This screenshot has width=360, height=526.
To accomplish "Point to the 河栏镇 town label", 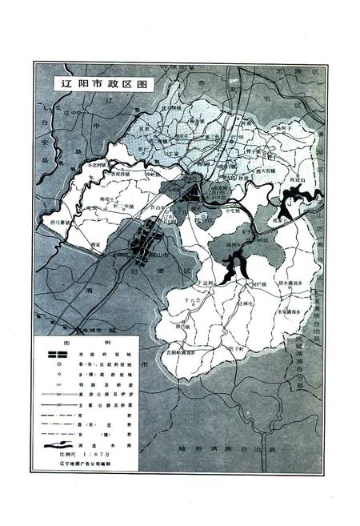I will tap(245, 283).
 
